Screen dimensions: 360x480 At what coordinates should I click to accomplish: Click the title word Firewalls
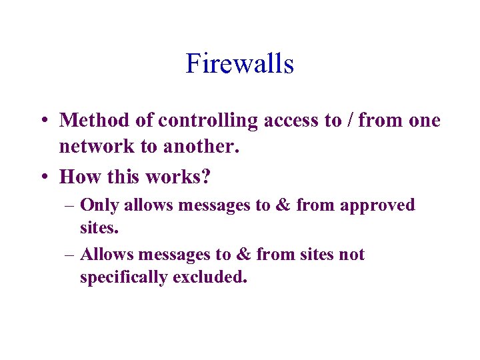click(240, 64)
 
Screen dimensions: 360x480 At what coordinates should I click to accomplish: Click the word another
click(201, 147)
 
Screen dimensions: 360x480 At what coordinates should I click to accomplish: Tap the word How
click(77, 176)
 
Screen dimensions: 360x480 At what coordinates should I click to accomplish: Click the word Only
click(99, 206)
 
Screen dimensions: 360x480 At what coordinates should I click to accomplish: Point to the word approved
click(377, 206)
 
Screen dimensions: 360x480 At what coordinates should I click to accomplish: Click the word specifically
click(124, 277)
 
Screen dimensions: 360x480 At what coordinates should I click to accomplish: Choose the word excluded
click(210, 277)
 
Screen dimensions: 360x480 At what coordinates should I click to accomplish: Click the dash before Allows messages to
click(69, 255)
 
